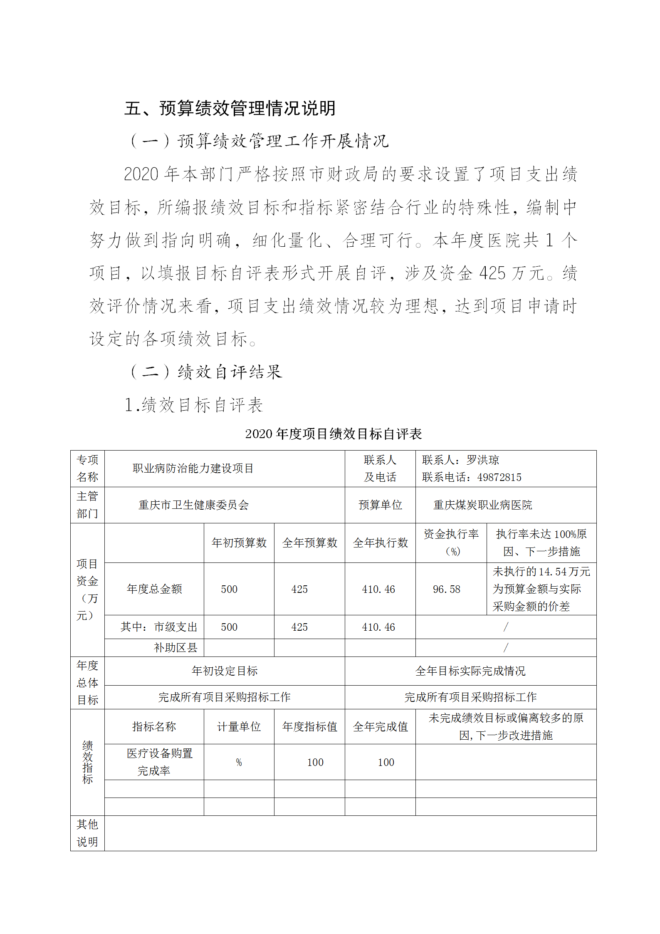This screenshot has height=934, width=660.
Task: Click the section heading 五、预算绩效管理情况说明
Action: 230,109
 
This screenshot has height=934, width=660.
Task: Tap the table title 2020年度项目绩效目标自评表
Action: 333,434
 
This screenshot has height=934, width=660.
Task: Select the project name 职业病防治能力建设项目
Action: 193,468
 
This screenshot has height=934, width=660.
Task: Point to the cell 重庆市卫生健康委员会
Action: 193,505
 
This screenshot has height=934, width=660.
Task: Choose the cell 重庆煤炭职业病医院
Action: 482,505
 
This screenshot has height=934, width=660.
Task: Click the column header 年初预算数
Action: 239,543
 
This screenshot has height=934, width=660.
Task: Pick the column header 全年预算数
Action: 309,543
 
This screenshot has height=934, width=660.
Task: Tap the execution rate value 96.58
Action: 446,589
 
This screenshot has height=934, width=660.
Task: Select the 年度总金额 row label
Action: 154,589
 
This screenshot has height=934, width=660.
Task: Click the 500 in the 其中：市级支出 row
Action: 229,627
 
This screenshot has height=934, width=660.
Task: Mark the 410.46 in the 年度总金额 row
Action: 378,589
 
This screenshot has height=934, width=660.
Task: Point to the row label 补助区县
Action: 175,648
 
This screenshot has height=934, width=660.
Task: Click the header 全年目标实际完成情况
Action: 470,671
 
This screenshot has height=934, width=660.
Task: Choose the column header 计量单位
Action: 239,727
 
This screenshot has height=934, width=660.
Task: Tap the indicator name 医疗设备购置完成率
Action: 159,762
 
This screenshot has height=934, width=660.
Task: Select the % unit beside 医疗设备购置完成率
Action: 239,762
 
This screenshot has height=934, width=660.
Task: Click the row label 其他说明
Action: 87,833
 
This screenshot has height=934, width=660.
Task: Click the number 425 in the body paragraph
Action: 492,273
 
